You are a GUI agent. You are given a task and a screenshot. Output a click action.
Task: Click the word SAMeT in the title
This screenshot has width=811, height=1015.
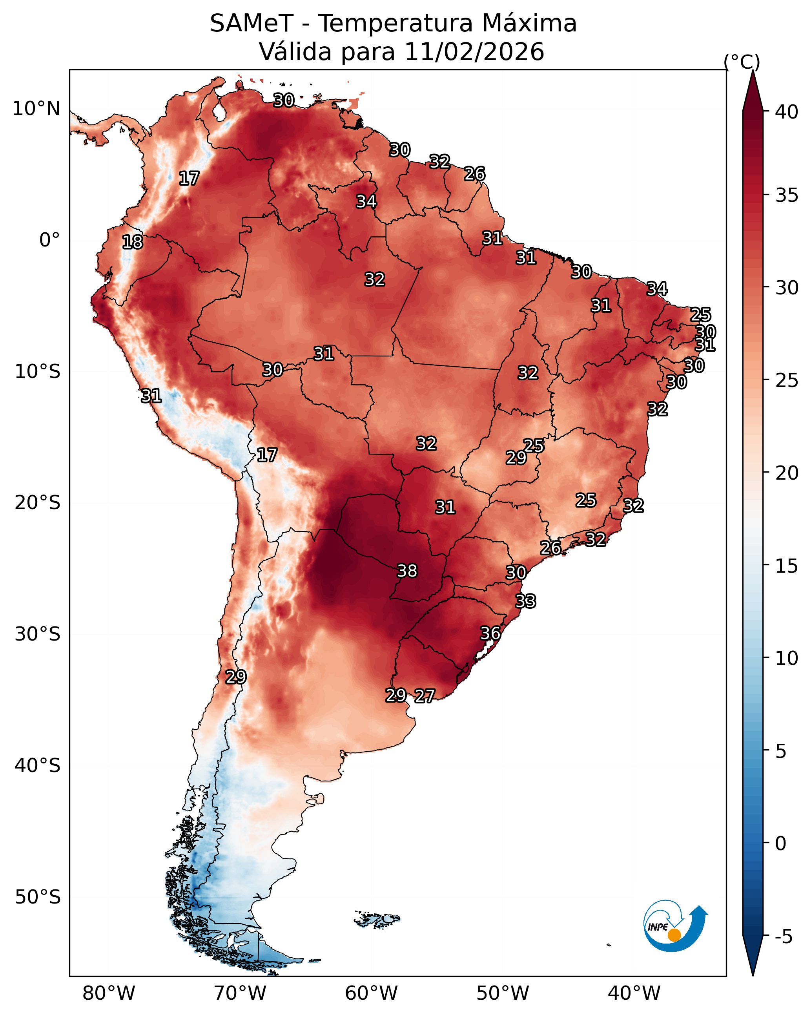click(252, 24)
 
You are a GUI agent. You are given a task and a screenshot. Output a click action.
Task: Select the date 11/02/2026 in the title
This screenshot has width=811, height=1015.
click(474, 52)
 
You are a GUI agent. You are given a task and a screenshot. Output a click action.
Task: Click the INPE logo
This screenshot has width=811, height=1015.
click(676, 927)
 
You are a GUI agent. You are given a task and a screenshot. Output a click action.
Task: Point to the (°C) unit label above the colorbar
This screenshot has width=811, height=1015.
click(742, 62)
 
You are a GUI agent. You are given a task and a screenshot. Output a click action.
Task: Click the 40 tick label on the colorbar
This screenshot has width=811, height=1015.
click(787, 112)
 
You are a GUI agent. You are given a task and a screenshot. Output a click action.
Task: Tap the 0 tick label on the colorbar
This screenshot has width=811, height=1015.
click(781, 843)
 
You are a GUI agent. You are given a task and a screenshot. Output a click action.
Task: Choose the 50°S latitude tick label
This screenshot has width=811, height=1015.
click(38, 897)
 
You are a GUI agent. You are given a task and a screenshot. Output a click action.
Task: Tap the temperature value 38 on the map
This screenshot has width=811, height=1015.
click(407, 571)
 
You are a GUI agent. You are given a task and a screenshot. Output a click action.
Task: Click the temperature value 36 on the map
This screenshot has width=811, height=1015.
click(490, 633)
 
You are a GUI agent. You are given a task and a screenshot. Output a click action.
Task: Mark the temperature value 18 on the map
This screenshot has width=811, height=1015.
click(132, 242)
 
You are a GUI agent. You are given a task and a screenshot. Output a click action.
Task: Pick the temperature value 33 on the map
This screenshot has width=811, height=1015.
click(525, 601)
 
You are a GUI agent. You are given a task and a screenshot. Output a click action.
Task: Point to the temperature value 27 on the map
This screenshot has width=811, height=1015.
click(425, 696)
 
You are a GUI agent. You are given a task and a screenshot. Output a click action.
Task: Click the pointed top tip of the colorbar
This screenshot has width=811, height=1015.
click(753, 71)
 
